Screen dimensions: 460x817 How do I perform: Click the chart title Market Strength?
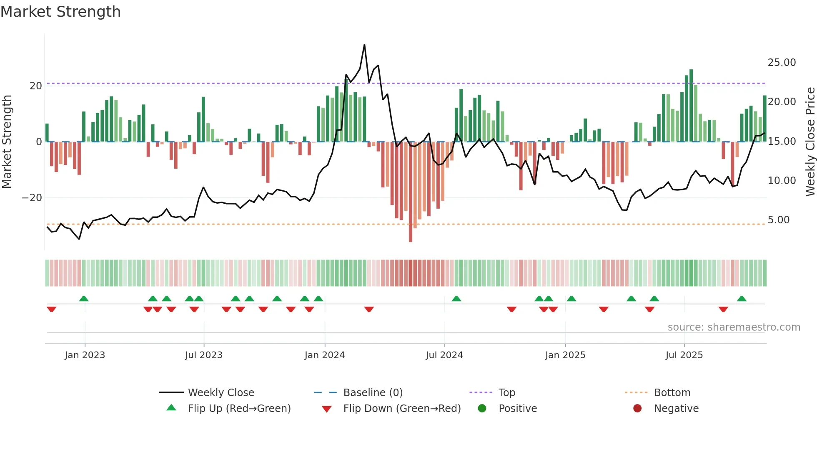coord(60,12)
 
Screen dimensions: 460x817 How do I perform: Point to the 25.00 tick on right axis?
coord(782,63)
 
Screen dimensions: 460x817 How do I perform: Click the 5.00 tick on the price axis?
coord(778,220)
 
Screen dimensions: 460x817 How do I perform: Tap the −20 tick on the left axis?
coord(32,198)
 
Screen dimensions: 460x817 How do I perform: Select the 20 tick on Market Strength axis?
coord(36,86)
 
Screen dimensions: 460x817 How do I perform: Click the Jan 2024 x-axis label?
coord(325,355)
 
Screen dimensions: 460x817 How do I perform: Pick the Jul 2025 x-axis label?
coord(684,355)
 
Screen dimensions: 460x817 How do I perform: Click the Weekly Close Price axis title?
coord(810,142)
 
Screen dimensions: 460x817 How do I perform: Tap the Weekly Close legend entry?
coord(221,393)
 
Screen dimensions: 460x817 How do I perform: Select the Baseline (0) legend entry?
coord(373,393)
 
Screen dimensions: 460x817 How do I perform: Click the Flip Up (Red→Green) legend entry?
coord(239,409)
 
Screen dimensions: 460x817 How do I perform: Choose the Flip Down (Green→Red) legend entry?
coord(402,409)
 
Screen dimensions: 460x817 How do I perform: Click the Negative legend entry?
coord(676,409)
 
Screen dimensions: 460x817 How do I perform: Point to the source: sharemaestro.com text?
coord(734,327)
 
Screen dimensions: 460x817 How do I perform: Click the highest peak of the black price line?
coord(364,45)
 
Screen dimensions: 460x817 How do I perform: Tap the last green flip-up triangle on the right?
coord(742,299)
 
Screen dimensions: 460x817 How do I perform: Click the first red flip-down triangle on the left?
coord(52,309)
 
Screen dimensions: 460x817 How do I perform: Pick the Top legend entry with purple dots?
coord(506,393)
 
